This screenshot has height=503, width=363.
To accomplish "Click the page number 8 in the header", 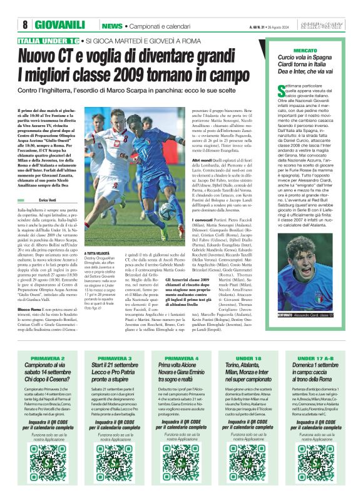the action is coord(25,25).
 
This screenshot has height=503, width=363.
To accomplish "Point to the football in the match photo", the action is coord(167,211).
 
